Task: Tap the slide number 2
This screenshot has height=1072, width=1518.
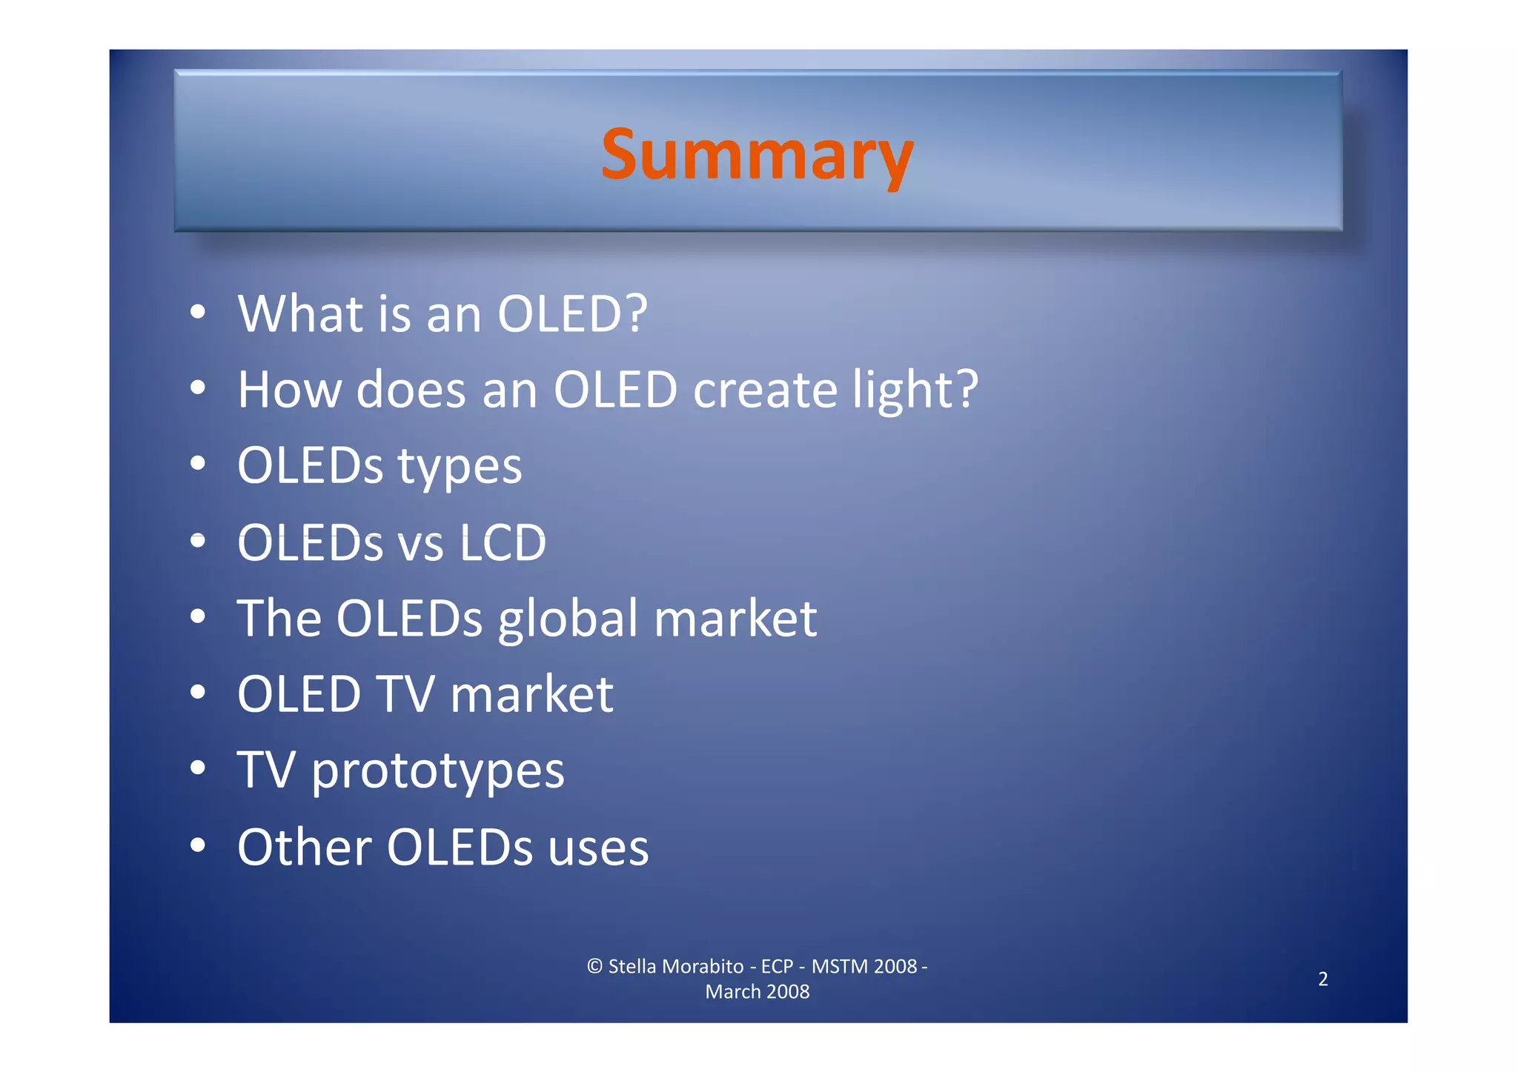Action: (1323, 979)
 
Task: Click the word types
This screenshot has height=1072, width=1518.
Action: (460, 467)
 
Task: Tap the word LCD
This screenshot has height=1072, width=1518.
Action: (503, 543)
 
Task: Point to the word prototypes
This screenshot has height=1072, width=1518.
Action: (437, 772)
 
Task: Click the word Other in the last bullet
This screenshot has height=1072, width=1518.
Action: (304, 847)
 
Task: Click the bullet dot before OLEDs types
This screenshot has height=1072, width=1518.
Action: (197, 464)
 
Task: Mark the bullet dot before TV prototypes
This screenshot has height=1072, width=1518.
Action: (197, 768)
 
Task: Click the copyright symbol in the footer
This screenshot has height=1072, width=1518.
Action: (594, 966)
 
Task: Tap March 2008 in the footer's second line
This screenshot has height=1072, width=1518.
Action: (757, 991)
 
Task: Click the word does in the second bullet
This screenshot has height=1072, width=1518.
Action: (411, 390)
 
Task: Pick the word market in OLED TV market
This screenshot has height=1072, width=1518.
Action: (531, 696)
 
